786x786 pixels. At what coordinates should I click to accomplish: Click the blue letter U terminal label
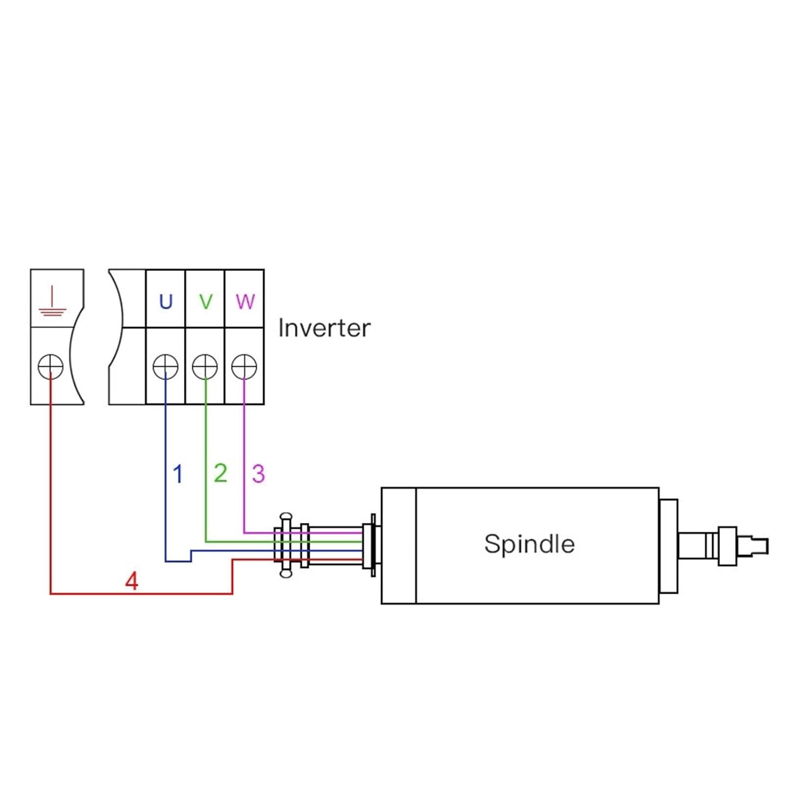(x=166, y=301)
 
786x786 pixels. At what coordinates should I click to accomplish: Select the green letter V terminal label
(x=206, y=301)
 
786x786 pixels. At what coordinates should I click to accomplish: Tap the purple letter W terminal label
(x=245, y=301)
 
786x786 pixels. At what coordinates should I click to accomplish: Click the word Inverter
(x=324, y=328)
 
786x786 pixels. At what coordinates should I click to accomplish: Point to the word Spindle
(x=529, y=544)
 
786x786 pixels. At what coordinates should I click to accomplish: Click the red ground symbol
(x=52, y=302)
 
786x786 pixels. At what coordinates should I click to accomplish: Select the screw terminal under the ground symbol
(x=51, y=366)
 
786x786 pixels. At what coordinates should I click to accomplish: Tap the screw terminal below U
(x=165, y=366)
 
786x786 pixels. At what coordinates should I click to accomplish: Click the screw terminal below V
(x=205, y=366)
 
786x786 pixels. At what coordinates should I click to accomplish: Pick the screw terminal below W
(x=244, y=366)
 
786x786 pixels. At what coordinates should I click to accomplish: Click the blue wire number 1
(x=178, y=474)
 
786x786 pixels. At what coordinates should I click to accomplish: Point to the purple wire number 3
(x=258, y=474)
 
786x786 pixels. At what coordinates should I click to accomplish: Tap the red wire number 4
(x=132, y=581)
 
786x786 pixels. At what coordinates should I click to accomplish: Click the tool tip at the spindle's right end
(x=760, y=545)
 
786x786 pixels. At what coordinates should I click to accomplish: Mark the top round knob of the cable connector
(x=286, y=517)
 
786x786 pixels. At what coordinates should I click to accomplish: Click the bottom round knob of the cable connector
(x=286, y=573)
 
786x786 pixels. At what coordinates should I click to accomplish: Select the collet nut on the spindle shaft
(x=727, y=545)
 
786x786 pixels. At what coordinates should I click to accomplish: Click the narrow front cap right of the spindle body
(x=668, y=545)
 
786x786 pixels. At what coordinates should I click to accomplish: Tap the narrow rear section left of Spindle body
(x=399, y=545)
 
